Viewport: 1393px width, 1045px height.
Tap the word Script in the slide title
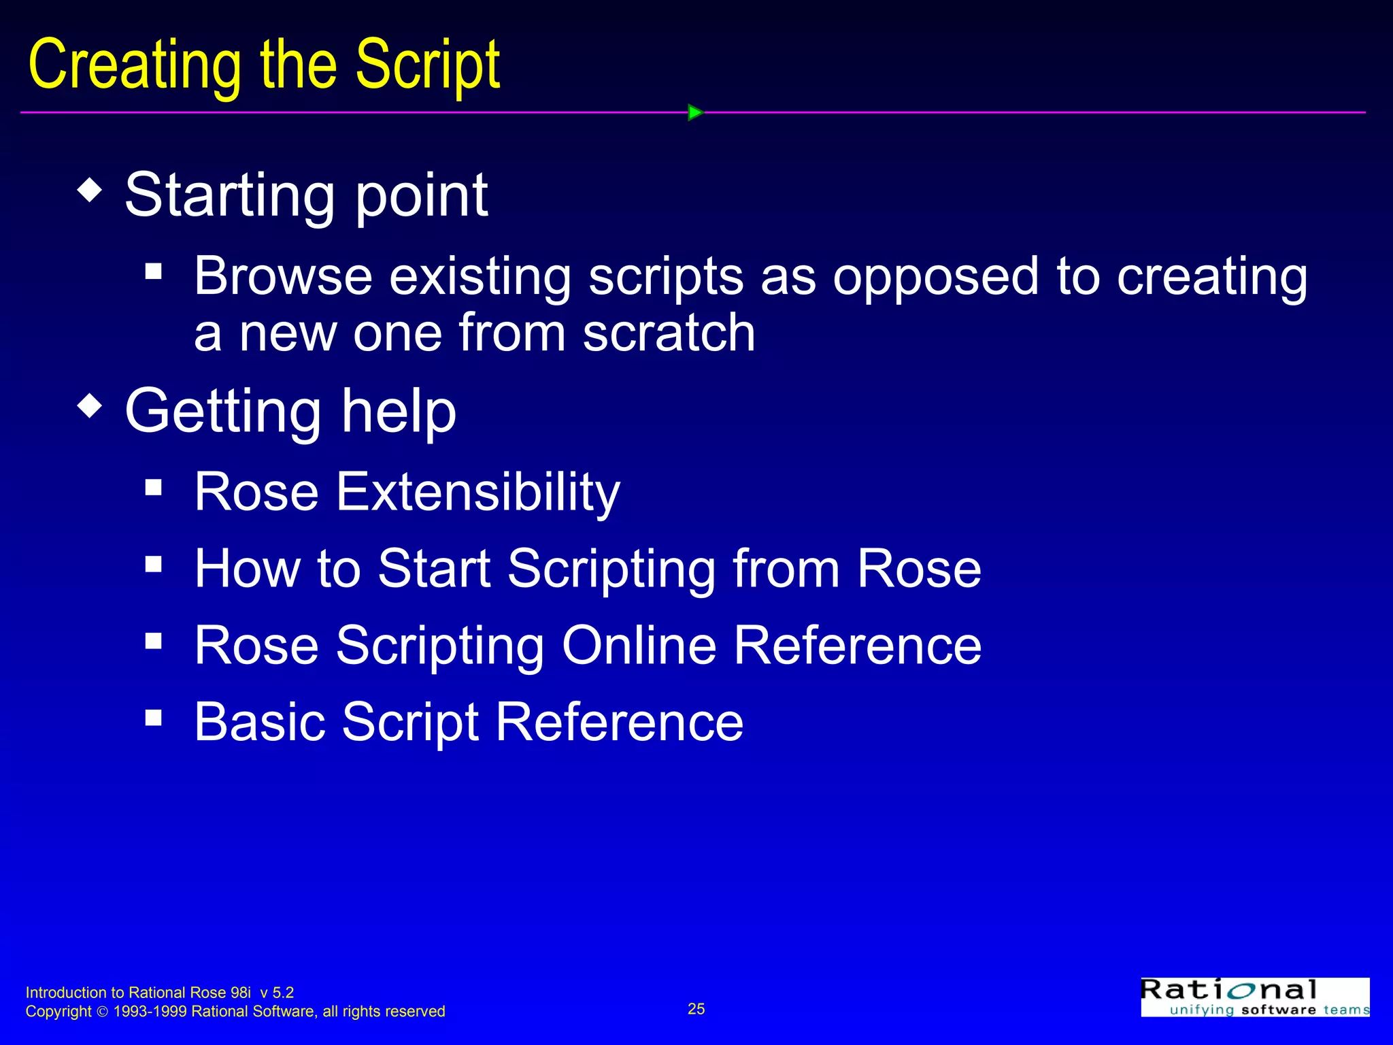coord(428,66)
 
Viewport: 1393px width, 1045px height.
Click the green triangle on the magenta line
coord(694,112)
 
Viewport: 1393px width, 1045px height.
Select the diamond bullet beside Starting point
coord(90,190)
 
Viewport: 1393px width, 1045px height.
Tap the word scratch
coord(669,333)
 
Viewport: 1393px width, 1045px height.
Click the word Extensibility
coord(477,492)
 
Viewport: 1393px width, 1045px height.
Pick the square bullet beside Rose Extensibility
coord(154,487)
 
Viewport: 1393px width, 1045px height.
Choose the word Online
coord(639,645)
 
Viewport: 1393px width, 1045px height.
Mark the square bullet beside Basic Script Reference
coord(154,717)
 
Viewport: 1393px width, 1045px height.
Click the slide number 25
coord(696,1009)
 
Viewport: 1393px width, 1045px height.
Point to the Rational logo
coord(1255,997)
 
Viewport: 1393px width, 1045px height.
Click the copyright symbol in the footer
coord(103,1012)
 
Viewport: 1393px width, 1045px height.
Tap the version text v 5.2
coord(277,993)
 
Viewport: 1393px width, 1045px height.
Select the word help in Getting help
coord(399,412)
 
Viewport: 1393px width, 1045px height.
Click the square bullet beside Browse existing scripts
coord(154,272)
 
